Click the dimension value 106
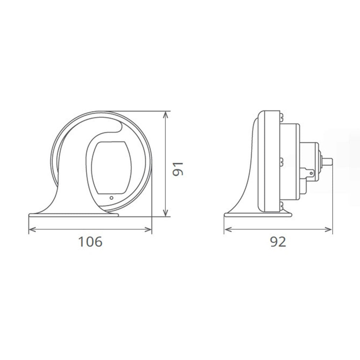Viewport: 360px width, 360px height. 90,242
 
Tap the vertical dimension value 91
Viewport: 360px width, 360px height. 178,168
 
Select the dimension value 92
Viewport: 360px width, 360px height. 278,242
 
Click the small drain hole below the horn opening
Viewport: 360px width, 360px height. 112,197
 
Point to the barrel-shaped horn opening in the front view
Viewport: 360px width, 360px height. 111,167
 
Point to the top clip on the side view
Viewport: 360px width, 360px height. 280,116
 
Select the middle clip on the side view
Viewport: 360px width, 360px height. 280,161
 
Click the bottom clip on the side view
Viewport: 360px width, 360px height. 280,206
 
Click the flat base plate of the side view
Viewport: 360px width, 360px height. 258,215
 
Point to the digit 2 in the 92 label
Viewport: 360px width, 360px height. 282,242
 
